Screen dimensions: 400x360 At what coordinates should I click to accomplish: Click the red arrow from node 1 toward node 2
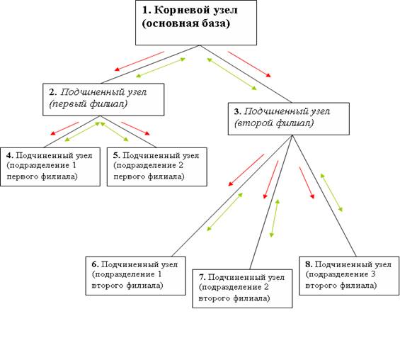139,61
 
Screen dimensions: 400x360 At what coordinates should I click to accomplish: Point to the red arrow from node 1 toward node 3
249,64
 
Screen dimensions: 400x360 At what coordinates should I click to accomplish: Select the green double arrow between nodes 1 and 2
161,67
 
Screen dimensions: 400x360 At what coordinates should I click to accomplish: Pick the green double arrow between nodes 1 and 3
232,74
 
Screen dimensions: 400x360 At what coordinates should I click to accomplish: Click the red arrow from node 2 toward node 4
65,128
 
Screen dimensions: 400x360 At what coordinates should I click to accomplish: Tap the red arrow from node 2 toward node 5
135,128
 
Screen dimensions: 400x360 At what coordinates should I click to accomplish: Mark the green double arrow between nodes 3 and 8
331,193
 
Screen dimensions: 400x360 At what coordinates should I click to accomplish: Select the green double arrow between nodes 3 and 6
224,212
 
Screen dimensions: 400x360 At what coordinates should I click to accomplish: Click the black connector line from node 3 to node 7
271,202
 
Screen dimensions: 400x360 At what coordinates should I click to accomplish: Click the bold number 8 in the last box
308,264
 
